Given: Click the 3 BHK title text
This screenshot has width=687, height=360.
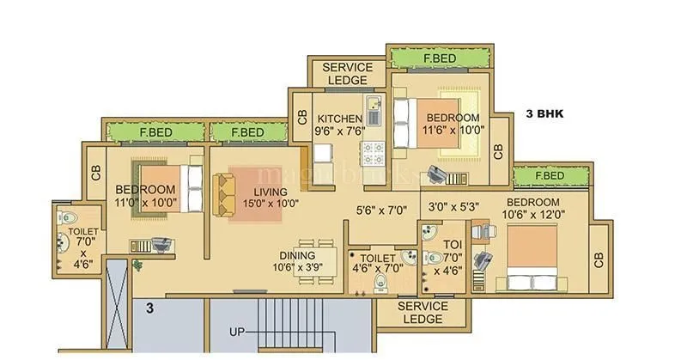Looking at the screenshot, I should tap(544, 113).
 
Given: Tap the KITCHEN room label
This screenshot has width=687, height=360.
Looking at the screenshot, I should tap(339, 118).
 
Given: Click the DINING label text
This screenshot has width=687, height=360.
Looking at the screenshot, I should tap(296, 255).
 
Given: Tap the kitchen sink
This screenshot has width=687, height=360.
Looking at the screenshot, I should tap(374, 111).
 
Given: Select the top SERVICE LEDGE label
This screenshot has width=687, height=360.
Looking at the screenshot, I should tap(347, 74).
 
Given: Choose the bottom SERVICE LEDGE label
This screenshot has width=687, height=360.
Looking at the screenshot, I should tap(425, 313).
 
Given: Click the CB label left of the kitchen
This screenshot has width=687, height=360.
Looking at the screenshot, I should tap(301, 117).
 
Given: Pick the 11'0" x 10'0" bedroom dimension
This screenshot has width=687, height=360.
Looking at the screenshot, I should tap(145, 204).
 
